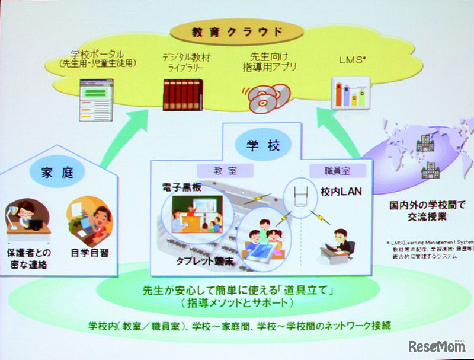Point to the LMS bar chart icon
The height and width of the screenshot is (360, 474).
tap(348, 93)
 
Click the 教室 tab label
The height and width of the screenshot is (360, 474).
tap(223, 170)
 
